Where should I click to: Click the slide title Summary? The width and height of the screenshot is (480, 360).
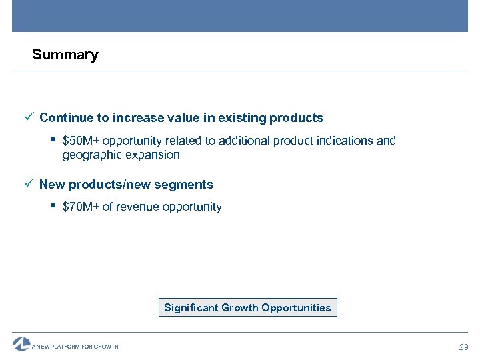65,55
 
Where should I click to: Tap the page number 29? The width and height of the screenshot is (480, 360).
463,347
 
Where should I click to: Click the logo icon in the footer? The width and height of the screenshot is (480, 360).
21,344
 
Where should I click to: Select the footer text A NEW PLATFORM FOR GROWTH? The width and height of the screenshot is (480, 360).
75,347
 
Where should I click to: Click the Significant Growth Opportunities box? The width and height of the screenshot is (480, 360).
247,307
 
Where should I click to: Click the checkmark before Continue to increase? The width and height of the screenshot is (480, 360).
29,118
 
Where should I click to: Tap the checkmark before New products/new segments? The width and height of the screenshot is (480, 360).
29,184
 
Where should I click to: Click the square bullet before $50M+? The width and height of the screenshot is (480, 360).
53,141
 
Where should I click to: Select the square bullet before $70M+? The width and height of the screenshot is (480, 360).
53,206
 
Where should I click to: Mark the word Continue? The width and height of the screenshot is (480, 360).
66,118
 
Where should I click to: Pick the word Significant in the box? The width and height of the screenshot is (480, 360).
191,307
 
